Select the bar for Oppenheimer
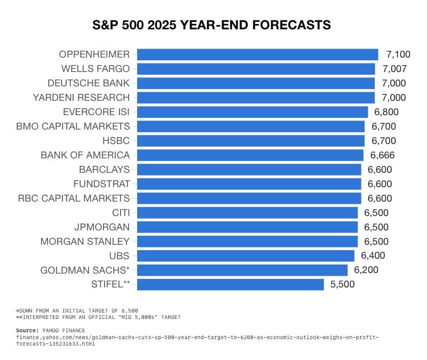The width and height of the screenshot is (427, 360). click(x=257, y=54)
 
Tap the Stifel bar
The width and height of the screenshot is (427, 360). click(x=230, y=284)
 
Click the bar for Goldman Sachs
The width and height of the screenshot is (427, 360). click(x=242, y=270)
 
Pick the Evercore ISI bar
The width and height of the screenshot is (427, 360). click(x=252, y=112)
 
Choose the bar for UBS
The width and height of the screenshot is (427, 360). click(x=246, y=255)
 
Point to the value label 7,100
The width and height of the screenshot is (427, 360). click(x=398, y=54)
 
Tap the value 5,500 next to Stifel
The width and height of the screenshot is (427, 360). click(x=342, y=284)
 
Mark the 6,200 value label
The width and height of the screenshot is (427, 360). click(x=366, y=270)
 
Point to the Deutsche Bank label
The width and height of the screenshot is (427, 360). click(x=89, y=83)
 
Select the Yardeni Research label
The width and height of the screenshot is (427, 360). click(x=81, y=98)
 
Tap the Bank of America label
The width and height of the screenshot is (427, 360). click(x=85, y=155)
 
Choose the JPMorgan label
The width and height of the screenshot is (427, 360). click(x=102, y=227)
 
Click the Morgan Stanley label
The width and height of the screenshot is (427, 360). click(x=85, y=241)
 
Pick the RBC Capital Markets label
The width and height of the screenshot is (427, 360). click(x=74, y=198)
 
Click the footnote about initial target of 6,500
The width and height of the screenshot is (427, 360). click(x=77, y=310)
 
